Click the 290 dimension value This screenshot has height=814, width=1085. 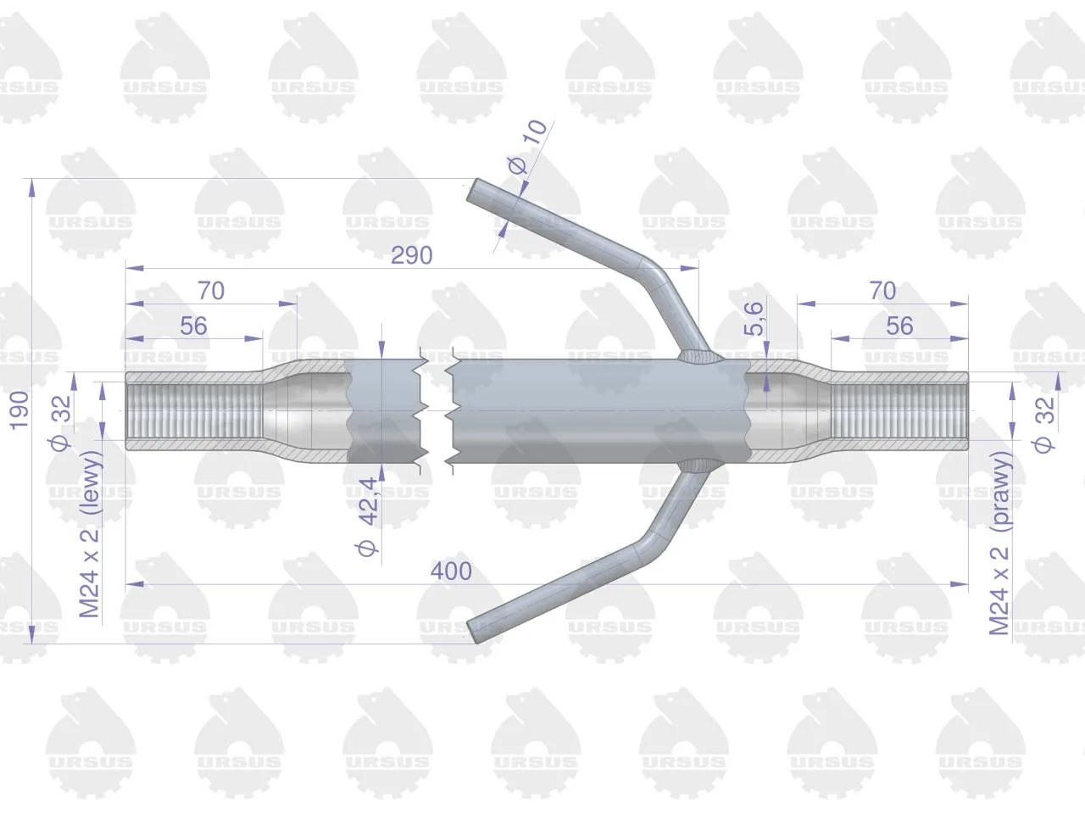(411, 255)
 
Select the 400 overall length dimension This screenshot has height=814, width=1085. (451, 571)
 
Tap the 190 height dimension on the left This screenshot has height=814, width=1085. (19, 410)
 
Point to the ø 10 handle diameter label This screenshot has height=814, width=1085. (527, 147)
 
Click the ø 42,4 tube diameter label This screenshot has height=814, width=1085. (368, 517)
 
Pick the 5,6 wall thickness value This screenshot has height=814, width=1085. (754, 319)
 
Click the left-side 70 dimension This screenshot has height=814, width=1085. (211, 291)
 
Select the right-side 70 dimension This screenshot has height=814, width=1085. (882, 291)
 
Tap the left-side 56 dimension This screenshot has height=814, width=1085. (193, 326)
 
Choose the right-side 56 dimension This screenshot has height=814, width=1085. (899, 326)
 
